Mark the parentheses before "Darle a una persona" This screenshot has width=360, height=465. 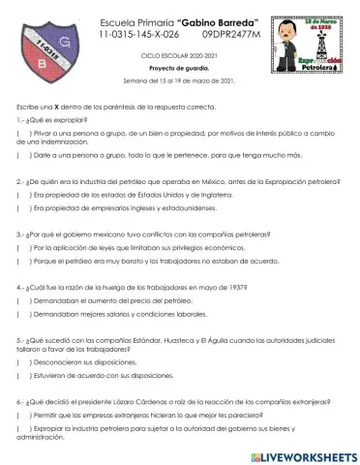(21, 155)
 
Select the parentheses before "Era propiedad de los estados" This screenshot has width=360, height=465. (21, 194)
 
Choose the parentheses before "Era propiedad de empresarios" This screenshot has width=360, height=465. (21, 206)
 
